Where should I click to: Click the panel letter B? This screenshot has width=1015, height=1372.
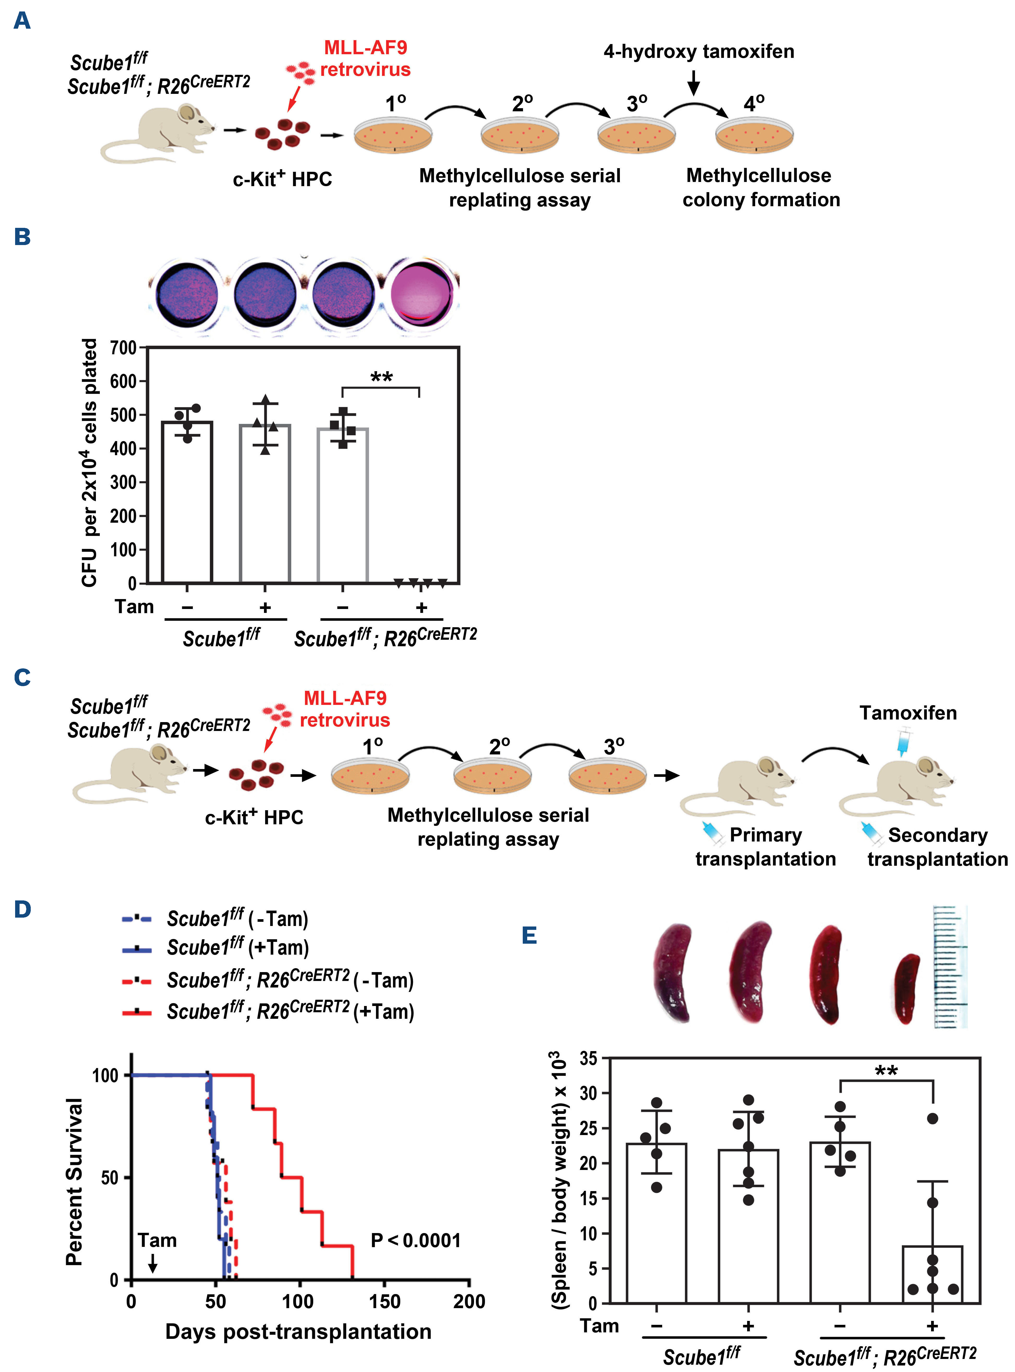point(22,237)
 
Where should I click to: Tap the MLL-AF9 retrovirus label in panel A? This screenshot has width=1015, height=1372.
point(366,58)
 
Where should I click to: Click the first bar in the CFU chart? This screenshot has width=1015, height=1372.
point(187,501)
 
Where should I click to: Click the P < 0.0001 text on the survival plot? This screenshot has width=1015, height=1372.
point(416,1240)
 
